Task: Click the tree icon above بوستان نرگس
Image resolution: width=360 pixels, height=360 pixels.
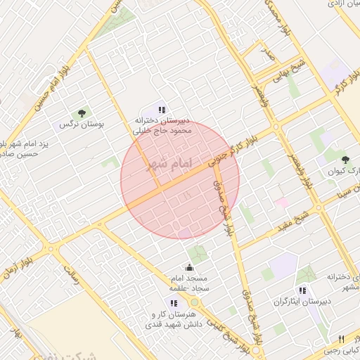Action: (x=83, y=112)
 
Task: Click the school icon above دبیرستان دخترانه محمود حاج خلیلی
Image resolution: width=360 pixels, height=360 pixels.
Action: (x=162, y=110)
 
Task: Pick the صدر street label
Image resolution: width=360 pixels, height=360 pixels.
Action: (x=267, y=52)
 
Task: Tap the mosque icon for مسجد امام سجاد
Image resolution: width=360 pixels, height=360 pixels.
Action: (x=188, y=267)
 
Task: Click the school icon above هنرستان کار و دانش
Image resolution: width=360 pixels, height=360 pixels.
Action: (x=174, y=303)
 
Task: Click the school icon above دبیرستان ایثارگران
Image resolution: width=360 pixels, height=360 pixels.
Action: (x=302, y=290)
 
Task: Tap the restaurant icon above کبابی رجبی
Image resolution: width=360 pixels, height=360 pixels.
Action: (x=341, y=338)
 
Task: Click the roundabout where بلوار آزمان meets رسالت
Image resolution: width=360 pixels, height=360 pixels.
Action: (x=50, y=247)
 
